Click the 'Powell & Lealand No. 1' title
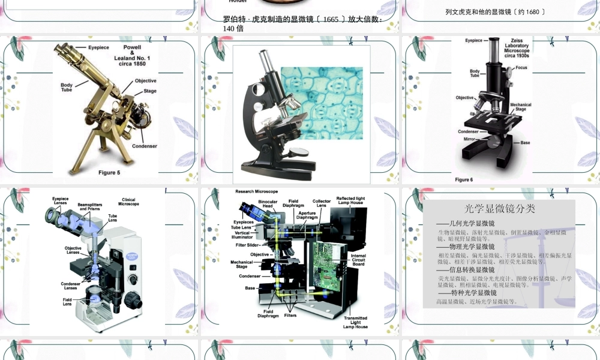(x=132, y=55)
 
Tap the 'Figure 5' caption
(x=109, y=173)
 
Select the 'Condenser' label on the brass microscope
(x=145, y=146)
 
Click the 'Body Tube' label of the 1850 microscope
(x=67, y=88)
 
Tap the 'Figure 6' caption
(x=463, y=179)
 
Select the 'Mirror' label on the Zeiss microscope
(x=469, y=139)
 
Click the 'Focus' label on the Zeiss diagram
(x=521, y=68)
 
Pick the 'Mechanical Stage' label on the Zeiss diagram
(x=521, y=107)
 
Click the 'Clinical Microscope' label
(x=128, y=202)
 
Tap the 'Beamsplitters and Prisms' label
(x=90, y=207)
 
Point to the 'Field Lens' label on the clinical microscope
(x=67, y=302)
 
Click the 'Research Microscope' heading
(x=257, y=191)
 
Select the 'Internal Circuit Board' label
(x=358, y=260)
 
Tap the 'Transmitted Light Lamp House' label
(x=356, y=322)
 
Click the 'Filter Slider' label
(x=248, y=245)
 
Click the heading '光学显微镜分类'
(x=500, y=209)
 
